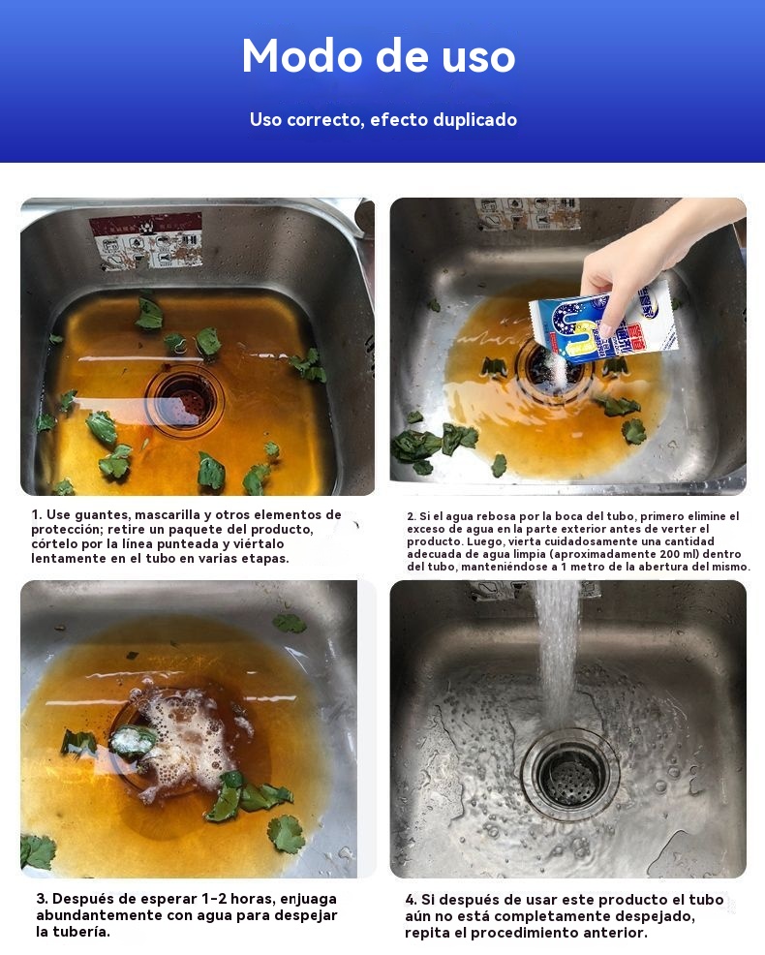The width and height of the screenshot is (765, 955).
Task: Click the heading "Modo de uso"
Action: click(x=379, y=56)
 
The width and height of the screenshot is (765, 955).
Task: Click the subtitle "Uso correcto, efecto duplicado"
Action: click(x=383, y=119)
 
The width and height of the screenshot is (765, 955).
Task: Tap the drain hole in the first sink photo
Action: click(x=184, y=400)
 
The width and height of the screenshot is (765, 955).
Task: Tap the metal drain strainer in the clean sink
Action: click(x=569, y=774)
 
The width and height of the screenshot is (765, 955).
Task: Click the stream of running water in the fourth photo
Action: click(x=556, y=653)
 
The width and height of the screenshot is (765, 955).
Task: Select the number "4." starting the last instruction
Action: click(x=412, y=900)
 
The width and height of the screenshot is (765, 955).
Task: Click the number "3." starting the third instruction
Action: click(x=42, y=899)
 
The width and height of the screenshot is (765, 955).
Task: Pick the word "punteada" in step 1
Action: click(x=185, y=544)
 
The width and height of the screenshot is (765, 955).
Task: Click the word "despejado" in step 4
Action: click(x=655, y=916)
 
